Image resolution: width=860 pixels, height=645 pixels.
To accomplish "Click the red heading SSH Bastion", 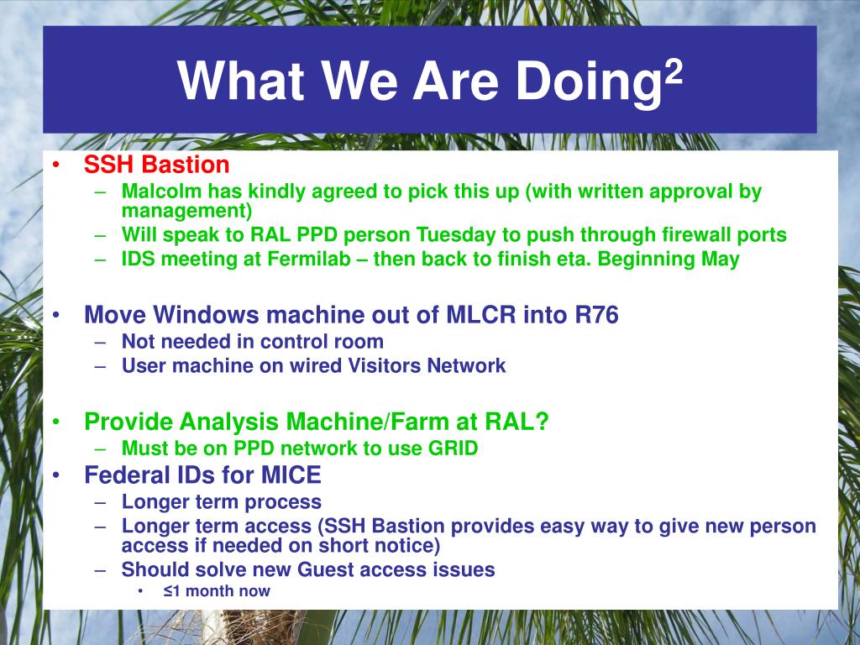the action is coord(157,165).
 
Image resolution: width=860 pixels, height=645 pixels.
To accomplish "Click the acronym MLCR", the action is coord(481,315).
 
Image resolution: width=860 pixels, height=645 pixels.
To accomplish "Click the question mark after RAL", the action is coord(542,422).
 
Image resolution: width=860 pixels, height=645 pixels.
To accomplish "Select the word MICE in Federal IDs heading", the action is coord(291,475).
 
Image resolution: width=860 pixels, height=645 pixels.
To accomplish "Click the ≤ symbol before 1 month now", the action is coord(168,591).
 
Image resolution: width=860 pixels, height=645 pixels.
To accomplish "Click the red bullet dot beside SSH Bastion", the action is coord(56,165).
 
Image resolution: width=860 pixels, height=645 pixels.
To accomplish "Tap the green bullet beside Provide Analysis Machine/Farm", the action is coord(56,422).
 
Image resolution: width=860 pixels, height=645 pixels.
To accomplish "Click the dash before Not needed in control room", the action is coord(99,342).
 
